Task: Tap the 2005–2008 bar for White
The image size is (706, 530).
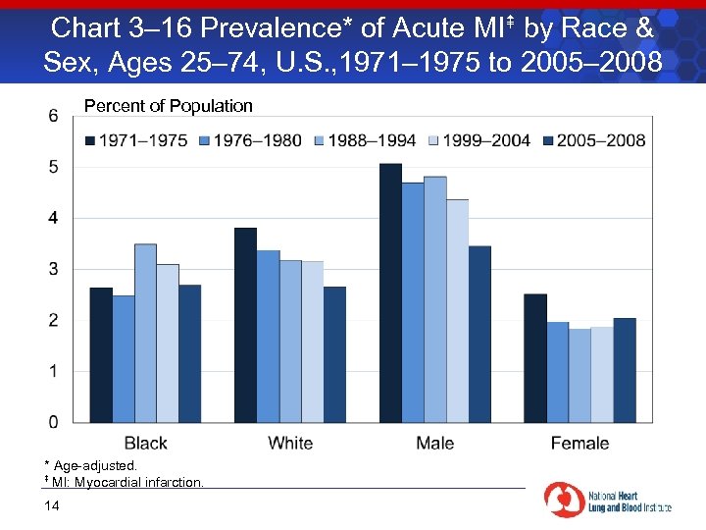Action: (334, 354)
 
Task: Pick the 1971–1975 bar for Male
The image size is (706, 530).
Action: (390, 292)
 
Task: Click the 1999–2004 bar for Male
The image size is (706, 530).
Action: (457, 311)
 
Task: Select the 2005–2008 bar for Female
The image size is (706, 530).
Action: (625, 370)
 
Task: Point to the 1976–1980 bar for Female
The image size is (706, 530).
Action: (558, 372)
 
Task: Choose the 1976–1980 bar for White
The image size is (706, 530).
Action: (268, 337)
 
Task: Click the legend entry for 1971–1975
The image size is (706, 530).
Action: (136, 140)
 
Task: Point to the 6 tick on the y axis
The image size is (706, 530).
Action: (52, 116)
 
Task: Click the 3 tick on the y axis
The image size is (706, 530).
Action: (52, 269)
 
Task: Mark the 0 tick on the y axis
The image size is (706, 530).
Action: (52, 422)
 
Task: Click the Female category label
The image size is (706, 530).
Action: (580, 444)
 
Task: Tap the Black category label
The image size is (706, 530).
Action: (146, 444)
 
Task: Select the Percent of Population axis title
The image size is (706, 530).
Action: (169, 106)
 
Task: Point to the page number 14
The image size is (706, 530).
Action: (52, 505)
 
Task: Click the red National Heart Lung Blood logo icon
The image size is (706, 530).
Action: (565, 499)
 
